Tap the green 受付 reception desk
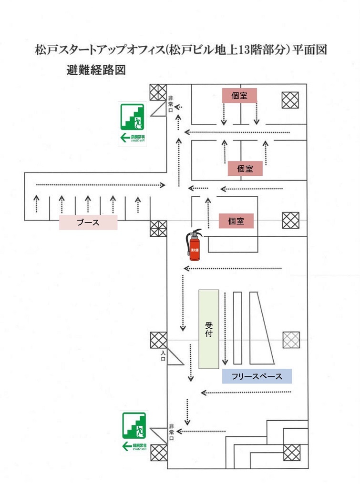(x=209, y=329)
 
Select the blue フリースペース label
(x=257, y=376)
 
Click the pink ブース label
(x=88, y=222)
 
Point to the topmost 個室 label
(x=239, y=95)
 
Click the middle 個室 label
(x=245, y=169)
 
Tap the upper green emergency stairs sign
(x=133, y=123)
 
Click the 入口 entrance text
(x=163, y=356)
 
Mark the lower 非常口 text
(x=171, y=432)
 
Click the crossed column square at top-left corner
(x=158, y=92)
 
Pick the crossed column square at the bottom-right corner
(x=292, y=452)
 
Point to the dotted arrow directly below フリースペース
(x=246, y=393)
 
